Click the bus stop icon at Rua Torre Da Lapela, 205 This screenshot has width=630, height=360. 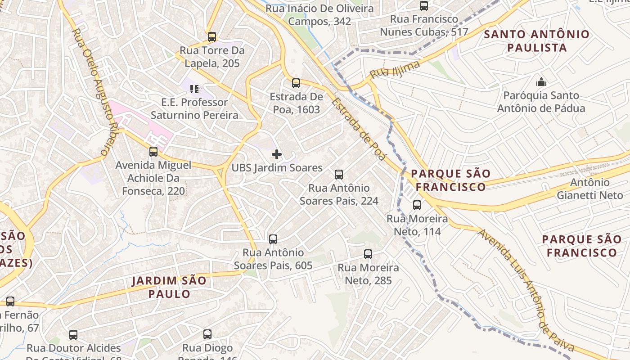(x=212, y=37)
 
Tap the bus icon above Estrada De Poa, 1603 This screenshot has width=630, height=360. (x=296, y=83)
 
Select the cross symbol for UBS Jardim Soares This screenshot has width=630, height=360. (x=277, y=155)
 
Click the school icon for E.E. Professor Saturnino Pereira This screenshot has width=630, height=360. (x=194, y=89)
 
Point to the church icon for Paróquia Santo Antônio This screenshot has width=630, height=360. (x=541, y=82)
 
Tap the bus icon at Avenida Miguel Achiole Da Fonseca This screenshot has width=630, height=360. (x=153, y=152)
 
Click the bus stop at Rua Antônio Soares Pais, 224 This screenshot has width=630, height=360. (x=339, y=175)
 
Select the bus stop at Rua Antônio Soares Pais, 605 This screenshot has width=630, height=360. (x=273, y=239)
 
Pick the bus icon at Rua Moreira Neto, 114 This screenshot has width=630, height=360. (x=417, y=206)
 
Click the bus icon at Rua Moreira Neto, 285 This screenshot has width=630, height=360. (x=368, y=254)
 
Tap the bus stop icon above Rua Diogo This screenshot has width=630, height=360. (x=207, y=334)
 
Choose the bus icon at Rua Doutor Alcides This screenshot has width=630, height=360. (x=73, y=335)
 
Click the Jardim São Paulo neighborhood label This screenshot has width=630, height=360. (x=169, y=288)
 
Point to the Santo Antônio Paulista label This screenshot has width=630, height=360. (x=536, y=40)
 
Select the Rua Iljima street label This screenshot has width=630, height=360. (x=395, y=70)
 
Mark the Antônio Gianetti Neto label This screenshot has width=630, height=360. (x=590, y=189)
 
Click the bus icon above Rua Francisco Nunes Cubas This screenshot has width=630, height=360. (x=424, y=6)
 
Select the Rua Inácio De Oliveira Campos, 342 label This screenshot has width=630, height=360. (x=319, y=15)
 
